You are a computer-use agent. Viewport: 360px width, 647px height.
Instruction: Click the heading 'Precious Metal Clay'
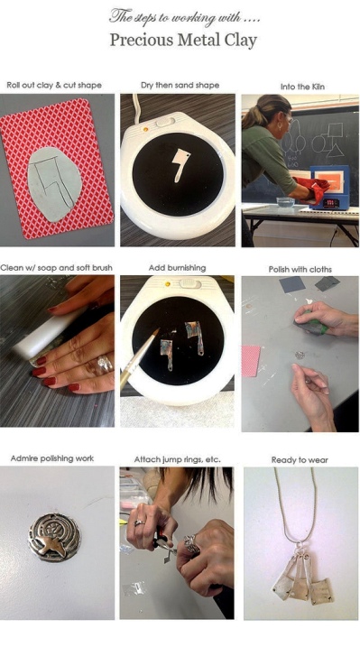pyautogui.click(x=183, y=41)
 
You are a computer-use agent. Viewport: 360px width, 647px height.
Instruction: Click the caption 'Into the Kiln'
pyautogui.click(x=302, y=87)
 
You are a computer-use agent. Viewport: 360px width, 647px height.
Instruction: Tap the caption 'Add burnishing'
pyautogui.click(x=177, y=268)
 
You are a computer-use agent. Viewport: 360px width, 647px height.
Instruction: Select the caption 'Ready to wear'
pyautogui.click(x=300, y=459)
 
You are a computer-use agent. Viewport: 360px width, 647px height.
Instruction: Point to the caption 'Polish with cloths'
pyautogui.click(x=300, y=270)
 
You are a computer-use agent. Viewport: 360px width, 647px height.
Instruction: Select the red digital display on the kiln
pyautogui.click(x=331, y=204)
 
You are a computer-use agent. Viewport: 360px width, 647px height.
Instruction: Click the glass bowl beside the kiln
pyautogui.click(x=285, y=202)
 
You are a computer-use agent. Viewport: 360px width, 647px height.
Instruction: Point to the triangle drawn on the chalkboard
pyautogui.click(x=336, y=150)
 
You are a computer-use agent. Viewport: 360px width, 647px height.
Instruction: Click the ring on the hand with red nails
pyautogui.click(x=105, y=363)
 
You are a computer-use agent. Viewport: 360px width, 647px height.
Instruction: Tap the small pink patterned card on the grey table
pyautogui.click(x=251, y=361)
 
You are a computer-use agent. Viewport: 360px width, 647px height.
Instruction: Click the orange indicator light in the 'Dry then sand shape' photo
pyautogui.click(x=145, y=129)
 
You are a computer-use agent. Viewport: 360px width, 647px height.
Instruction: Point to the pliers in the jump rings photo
pyautogui.click(x=164, y=542)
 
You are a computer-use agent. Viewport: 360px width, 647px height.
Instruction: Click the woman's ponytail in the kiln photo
pyautogui.click(x=253, y=115)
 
